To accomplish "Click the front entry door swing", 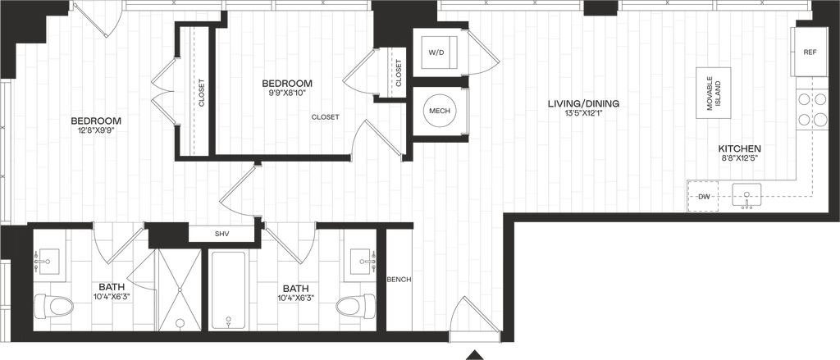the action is (474, 315).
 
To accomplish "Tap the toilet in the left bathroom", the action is (57, 307).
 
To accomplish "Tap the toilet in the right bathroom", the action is (352, 307).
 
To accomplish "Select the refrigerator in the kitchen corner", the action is (810, 52).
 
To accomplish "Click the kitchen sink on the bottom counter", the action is (746, 195).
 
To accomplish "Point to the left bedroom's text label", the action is (97, 125).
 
